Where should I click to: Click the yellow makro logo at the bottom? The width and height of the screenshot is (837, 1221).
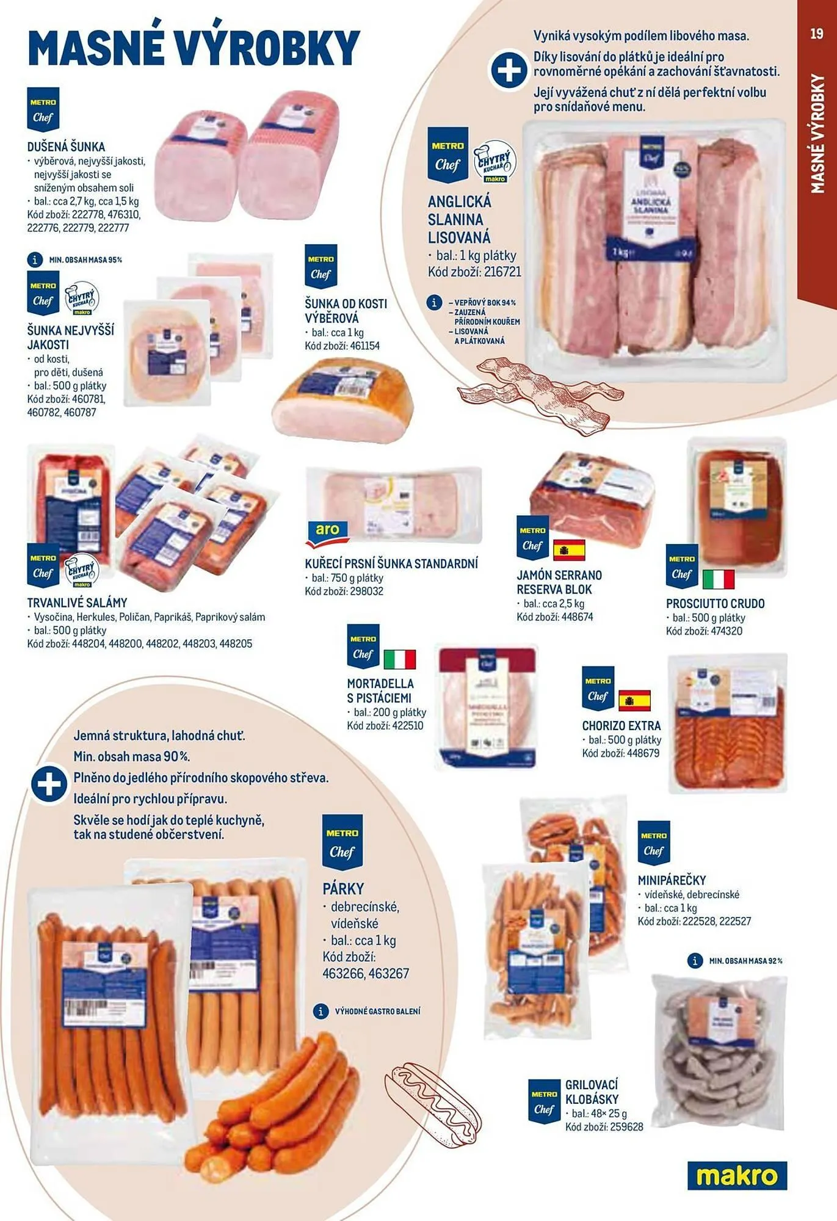tap(737, 1176)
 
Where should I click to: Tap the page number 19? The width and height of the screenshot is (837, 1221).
tap(817, 34)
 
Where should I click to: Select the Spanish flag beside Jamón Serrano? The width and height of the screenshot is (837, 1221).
tap(569, 549)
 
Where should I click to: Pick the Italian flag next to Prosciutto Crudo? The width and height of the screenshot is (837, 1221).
tap(719, 578)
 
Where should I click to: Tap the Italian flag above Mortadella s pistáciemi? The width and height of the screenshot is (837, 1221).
tap(400, 659)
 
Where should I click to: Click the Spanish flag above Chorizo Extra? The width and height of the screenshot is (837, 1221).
tap(634, 700)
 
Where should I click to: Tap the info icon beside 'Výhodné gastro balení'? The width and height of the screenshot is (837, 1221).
tap(321, 1012)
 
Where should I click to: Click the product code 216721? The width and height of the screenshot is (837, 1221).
tap(502, 272)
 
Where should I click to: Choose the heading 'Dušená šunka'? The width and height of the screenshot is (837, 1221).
tap(66, 147)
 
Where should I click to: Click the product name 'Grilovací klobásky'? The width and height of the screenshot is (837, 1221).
tap(592, 1092)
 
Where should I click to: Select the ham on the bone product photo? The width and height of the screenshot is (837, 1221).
tap(343, 400)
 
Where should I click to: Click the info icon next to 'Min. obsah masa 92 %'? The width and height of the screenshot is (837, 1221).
tap(695, 961)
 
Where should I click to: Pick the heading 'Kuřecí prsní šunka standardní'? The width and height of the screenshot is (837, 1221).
tap(391, 563)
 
